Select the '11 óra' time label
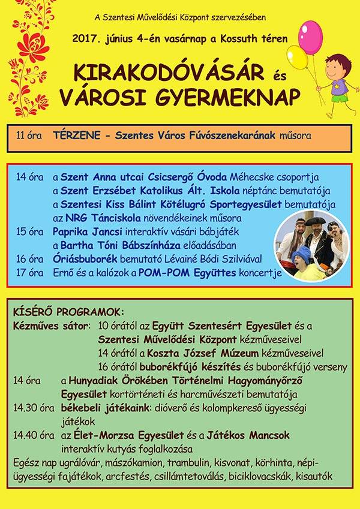(29, 137)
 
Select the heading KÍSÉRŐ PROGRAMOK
(68, 312)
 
